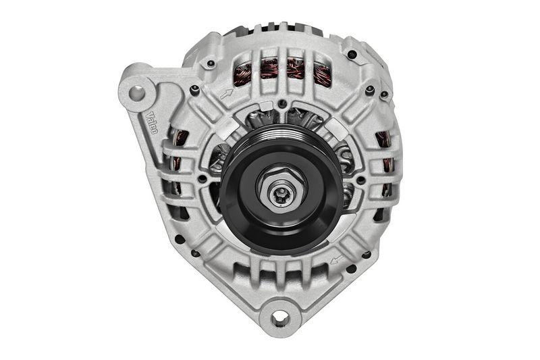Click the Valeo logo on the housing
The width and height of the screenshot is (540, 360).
(151, 122)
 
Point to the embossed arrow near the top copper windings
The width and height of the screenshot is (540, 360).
(225, 94)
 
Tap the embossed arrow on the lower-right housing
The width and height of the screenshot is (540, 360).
(337, 259)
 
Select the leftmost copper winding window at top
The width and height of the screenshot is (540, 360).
(242, 73)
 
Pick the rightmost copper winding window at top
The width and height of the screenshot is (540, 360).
(323, 75)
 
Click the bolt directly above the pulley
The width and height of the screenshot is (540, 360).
(282, 104)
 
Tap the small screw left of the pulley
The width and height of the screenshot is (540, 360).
(202, 178)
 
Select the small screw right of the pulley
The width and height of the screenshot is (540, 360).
(361, 180)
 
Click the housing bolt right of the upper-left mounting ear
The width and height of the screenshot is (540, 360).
(195, 89)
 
